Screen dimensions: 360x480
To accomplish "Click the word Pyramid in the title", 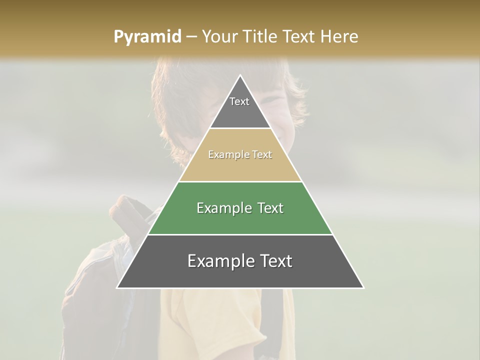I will point(147,37).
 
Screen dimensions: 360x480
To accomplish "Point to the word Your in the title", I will point(219,37).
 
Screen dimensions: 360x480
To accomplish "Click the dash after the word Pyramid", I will point(191,37).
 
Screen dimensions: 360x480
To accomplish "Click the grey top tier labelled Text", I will point(239,107).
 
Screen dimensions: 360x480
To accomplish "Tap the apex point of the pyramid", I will point(240,76).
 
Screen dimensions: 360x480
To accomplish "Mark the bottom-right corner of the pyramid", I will point(363,287).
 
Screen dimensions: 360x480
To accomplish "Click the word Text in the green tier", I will point(267,208).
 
